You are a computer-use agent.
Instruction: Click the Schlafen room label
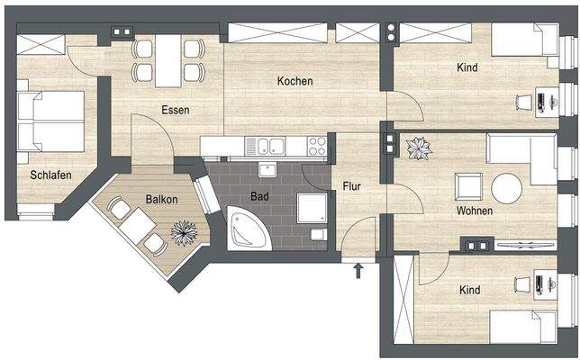tap(50, 175)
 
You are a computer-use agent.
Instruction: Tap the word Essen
tap(175, 111)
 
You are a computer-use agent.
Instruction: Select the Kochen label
tap(295, 81)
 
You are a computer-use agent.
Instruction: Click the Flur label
tap(351, 187)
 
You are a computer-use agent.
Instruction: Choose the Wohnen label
tap(474, 211)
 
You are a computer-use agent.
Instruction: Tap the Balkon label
tap(160, 199)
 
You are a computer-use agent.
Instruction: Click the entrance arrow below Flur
tap(359, 267)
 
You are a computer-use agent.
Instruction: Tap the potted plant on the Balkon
tap(184, 232)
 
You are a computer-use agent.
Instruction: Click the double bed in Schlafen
tap(55, 122)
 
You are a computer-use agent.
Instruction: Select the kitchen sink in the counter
tap(269, 146)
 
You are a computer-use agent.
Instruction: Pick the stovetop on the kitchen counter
tap(316, 144)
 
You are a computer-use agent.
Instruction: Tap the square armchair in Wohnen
tap(468, 187)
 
